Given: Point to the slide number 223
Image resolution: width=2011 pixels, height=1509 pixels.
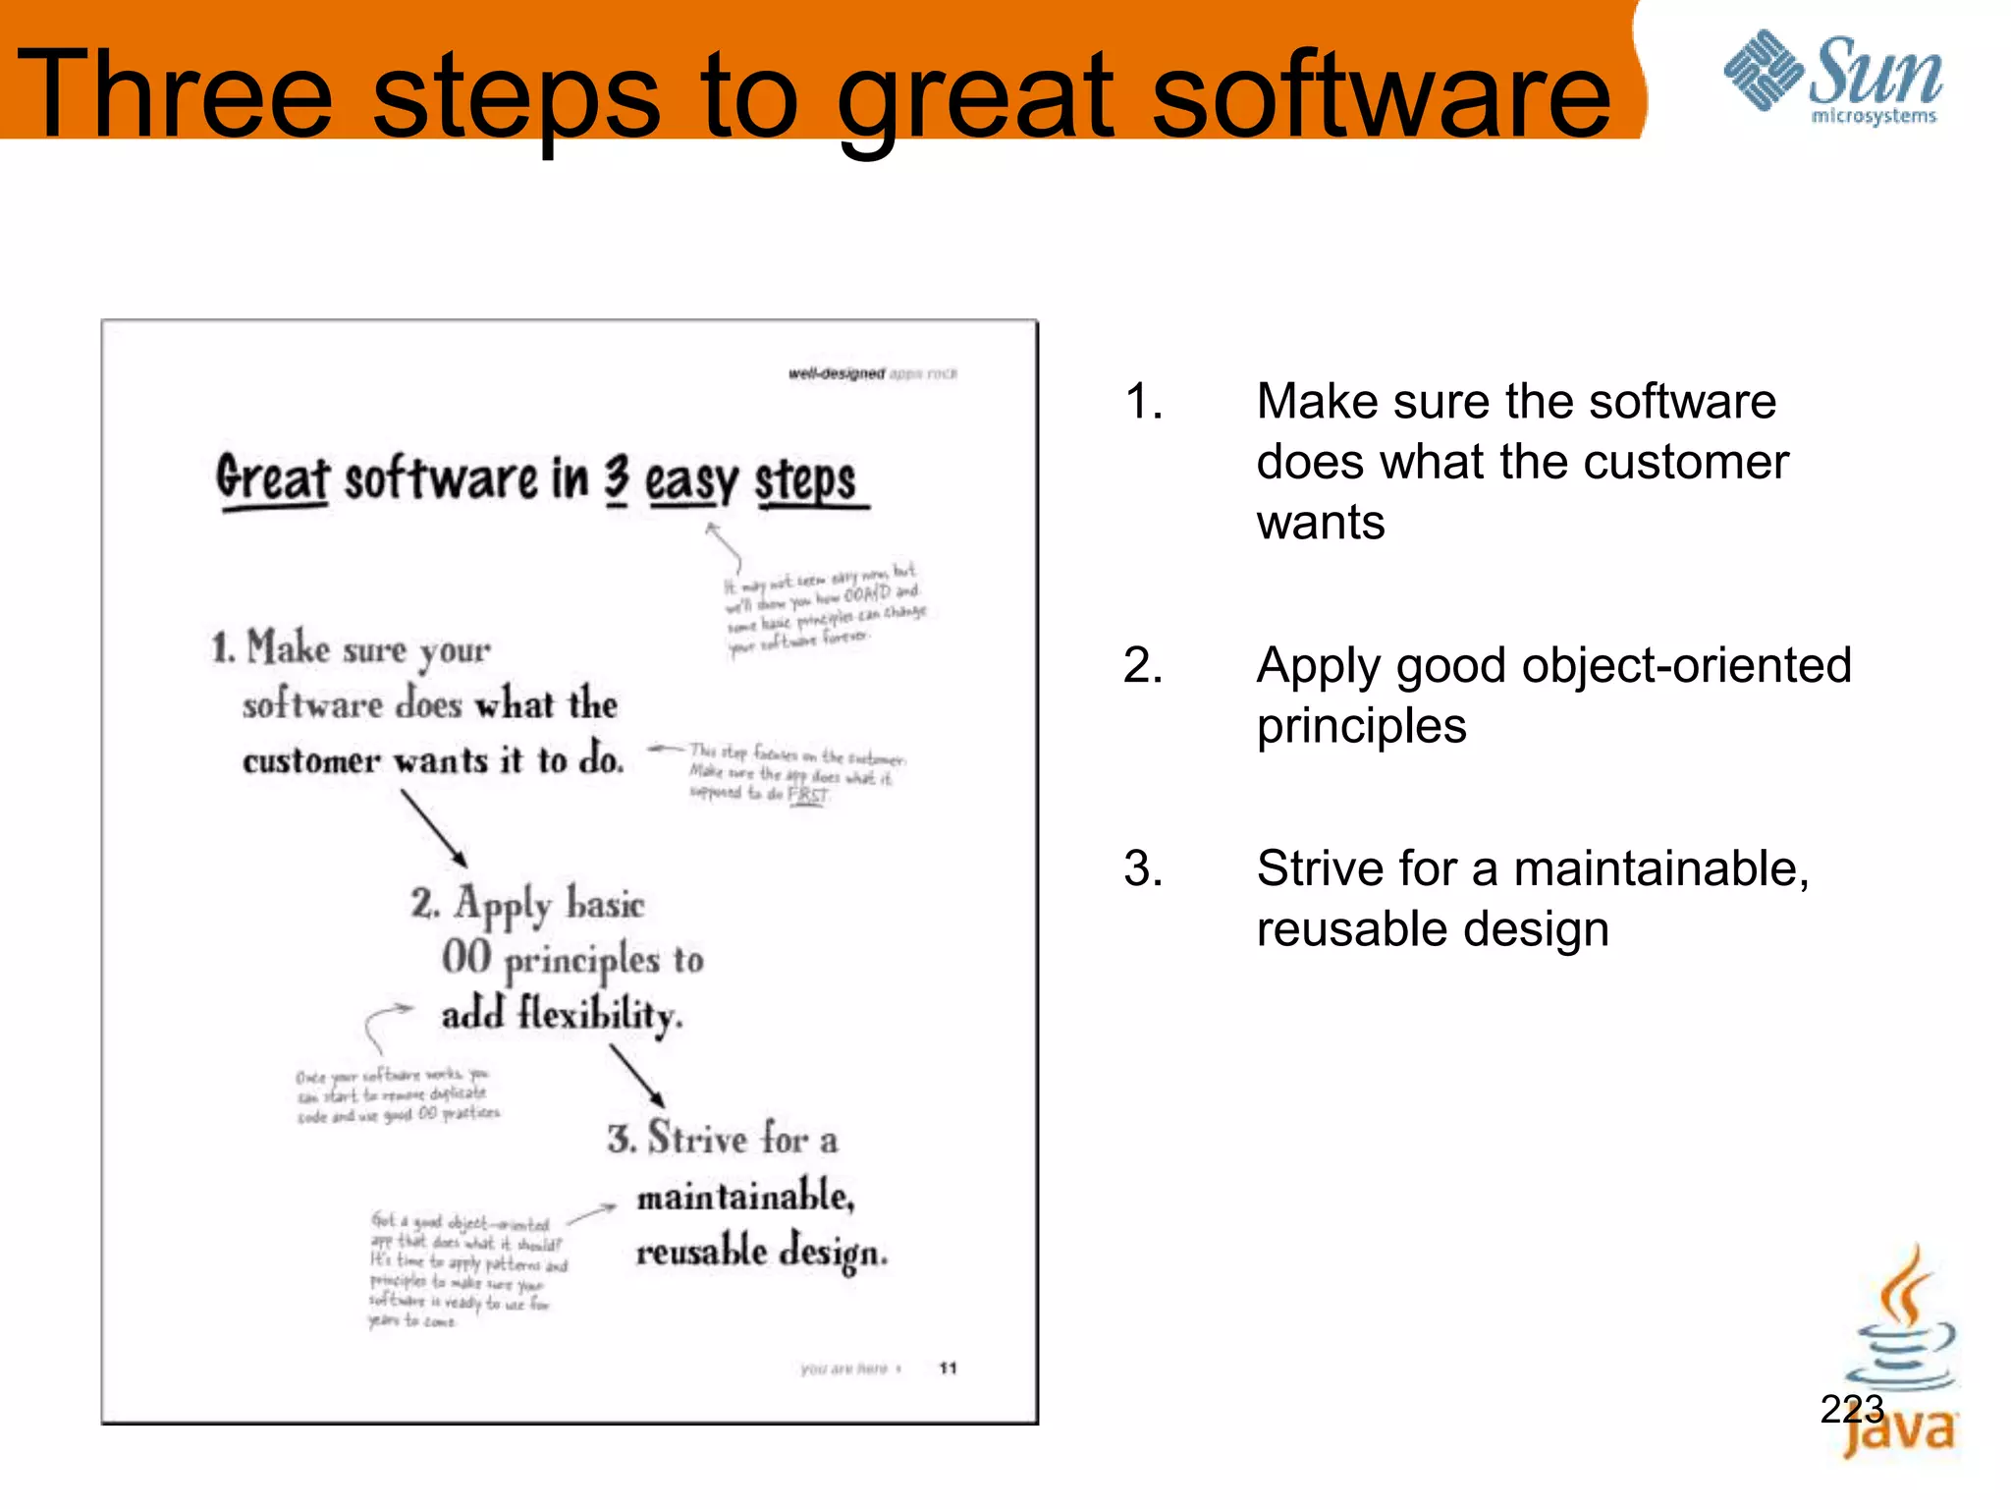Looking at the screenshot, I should click(1852, 1409).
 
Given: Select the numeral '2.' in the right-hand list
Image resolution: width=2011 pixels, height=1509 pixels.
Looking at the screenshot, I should click(1143, 666).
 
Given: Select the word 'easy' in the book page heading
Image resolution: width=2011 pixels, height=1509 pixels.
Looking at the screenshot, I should click(690, 481).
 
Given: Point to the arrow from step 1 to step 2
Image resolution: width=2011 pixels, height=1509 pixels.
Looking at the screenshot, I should click(433, 827).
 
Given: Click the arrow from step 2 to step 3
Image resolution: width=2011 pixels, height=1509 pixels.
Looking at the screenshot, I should click(636, 1075).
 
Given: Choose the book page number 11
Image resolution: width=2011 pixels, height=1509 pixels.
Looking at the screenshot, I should click(948, 1368).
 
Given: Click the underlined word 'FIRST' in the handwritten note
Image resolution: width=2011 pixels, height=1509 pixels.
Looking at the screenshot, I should click(808, 795).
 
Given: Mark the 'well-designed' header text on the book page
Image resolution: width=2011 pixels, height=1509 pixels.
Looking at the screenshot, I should click(836, 373).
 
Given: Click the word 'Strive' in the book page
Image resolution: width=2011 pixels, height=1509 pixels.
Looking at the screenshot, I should click(697, 1138).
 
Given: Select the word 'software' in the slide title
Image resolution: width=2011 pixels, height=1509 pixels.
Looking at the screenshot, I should click(1381, 96).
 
